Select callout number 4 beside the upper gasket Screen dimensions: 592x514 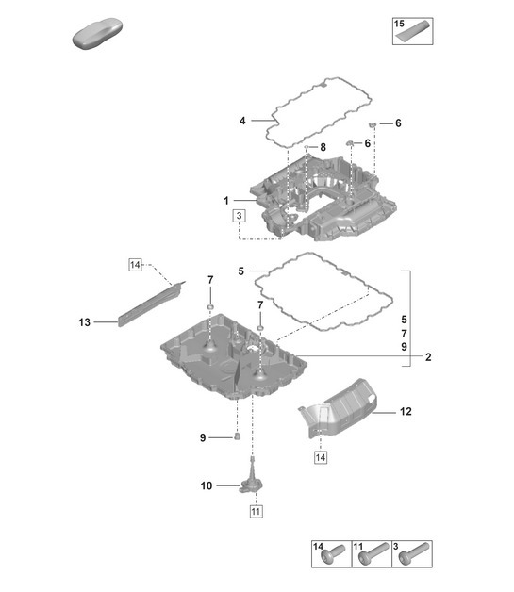[x=242, y=121]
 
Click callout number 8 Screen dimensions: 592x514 [x=323, y=147]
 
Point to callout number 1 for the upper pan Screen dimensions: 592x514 [x=227, y=201]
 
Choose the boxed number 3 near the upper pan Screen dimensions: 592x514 [x=240, y=216]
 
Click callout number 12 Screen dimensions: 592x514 [x=406, y=411]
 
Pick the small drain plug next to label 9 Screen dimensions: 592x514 [x=239, y=436]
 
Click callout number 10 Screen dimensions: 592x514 [x=207, y=486]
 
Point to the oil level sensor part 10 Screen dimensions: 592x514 [x=250, y=479]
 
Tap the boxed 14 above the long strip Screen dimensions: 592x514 [x=136, y=266]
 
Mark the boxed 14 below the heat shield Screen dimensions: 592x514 [x=322, y=457]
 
